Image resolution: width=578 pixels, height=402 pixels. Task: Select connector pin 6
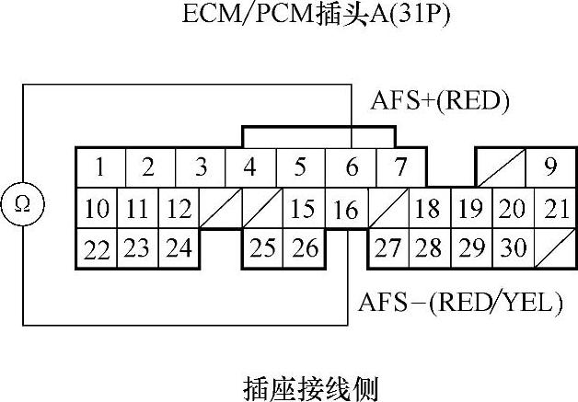point(351,168)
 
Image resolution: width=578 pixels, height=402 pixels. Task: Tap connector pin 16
point(346,209)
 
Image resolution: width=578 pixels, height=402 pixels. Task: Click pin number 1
point(98,168)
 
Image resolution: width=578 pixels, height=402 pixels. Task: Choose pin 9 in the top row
point(550,167)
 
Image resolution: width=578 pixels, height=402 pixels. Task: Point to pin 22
point(96,248)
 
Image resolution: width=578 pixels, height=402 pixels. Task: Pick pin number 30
point(514,248)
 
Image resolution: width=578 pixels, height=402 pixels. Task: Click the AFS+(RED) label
point(440,99)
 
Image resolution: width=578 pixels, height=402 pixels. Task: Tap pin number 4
point(249,168)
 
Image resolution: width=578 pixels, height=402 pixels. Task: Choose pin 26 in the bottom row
point(305,248)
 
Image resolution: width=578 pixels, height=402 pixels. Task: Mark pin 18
point(426,209)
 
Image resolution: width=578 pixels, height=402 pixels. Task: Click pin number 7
point(399,168)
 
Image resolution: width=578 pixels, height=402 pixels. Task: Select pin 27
point(387,248)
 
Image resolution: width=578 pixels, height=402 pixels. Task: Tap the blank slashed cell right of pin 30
point(555,248)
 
